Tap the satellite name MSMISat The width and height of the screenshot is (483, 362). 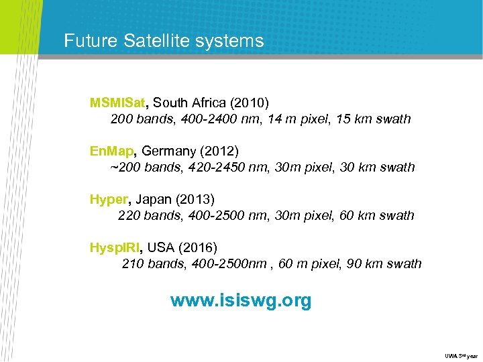tap(117, 103)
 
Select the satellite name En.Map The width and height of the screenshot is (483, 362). tap(112, 150)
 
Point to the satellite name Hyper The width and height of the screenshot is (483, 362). tap(108, 198)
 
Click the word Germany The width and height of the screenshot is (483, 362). tap(167, 150)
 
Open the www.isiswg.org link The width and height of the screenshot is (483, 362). tap(241, 300)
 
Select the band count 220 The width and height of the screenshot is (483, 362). tap(129, 215)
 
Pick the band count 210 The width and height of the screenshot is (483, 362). tap(133, 263)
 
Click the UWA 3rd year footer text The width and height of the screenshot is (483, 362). tap(460, 355)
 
